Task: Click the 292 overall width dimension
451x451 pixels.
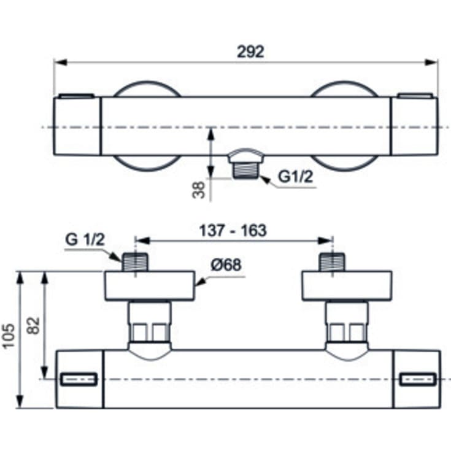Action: [250, 52]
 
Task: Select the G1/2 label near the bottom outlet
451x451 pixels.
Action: [296, 177]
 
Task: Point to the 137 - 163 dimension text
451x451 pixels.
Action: [233, 230]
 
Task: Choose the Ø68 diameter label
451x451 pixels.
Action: [225, 265]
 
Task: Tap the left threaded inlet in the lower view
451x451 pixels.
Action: [135, 262]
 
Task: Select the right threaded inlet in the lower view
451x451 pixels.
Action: [333, 262]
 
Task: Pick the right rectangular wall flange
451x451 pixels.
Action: [347, 286]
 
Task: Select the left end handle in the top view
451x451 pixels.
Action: [77, 126]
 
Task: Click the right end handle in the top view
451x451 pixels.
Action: [414, 126]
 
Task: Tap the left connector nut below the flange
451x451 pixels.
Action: [149, 323]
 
